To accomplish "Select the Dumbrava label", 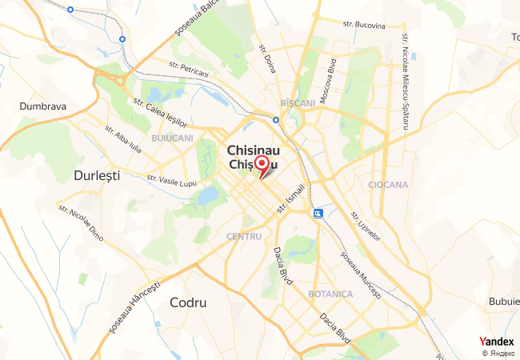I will (42, 106).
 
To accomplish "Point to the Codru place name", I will (188, 303).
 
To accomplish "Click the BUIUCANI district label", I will (172, 138).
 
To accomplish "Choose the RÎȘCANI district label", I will (299, 104).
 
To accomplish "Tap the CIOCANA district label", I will (388, 185).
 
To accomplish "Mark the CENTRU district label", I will (244, 236).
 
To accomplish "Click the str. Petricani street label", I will (189, 70).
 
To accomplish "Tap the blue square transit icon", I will (318, 214).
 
